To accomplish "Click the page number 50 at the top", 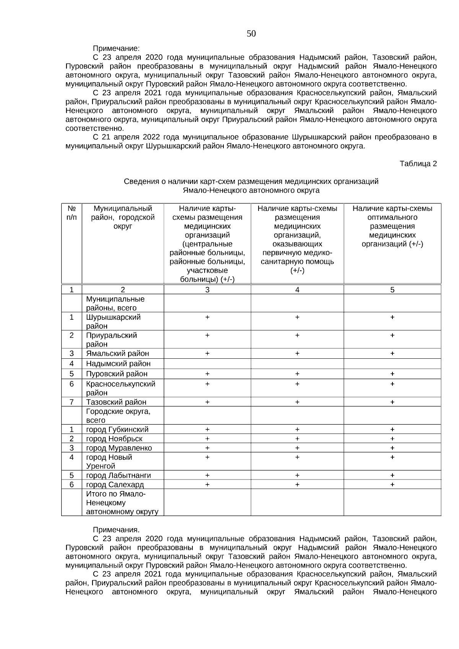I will [x=251, y=34].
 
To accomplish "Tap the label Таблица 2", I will [x=418, y=164].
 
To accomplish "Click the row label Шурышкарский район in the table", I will [x=113, y=321].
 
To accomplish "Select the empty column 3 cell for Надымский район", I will [x=207, y=363].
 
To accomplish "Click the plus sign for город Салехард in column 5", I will [x=392, y=485].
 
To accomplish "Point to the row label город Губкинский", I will [x=117, y=429].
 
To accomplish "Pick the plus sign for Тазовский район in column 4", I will [x=297, y=402].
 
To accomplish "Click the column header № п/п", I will [x=72, y=213].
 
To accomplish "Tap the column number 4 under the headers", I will [x=297, y=290].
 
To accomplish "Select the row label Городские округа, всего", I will [x=118, y=416].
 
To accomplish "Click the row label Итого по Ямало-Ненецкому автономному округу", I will [x=122, y=503].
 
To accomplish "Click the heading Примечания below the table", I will [x=116, y=530].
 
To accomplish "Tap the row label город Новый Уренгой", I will [x=109, y=461].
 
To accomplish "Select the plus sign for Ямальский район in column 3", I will [x=207, y=353].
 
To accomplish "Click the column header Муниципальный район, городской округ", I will [x=122, y=217].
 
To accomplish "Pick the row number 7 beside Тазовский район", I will [x=72, y=402].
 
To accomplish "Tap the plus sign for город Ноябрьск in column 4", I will [x=297, y=439].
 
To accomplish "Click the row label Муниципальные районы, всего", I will [x=115, y=303].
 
